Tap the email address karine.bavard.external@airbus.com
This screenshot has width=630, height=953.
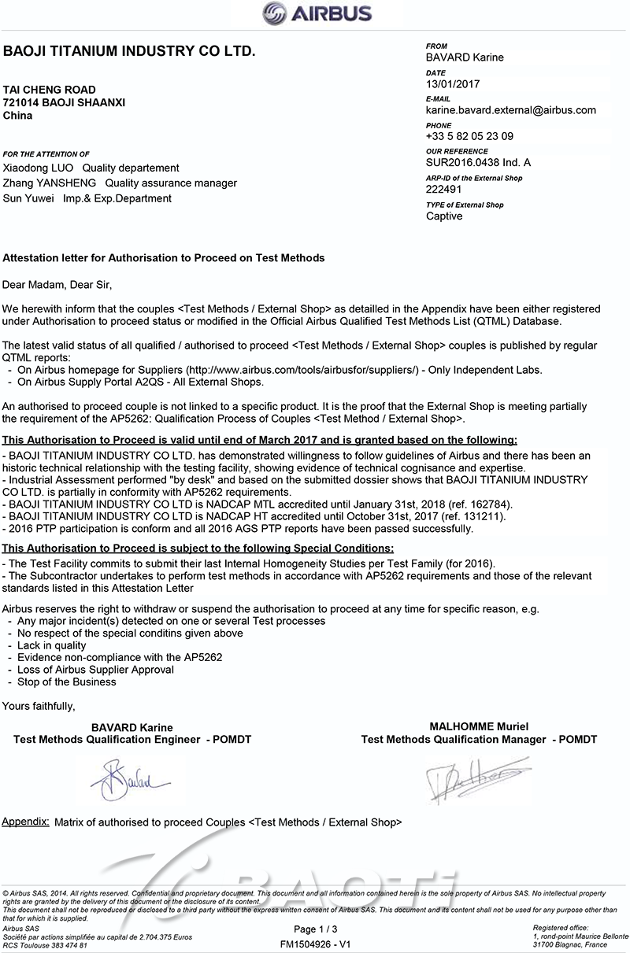[x=510, y=110]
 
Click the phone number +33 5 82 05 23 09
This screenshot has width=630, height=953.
[x=469, y=136]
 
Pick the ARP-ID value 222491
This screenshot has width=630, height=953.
[x=443, y=190]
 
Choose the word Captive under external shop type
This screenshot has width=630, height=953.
[x=444, y=216]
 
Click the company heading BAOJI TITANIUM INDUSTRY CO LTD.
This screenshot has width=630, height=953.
[x=129, y=52]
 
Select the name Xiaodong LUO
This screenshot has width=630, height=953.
[x=39, y=168]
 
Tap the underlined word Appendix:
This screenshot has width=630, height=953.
[x=26, y=822]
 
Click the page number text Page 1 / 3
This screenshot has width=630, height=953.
[x=315, y=929]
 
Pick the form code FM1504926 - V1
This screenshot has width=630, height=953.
[x=315, y=943]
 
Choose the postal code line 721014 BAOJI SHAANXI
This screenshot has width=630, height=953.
[x=64, y=103]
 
